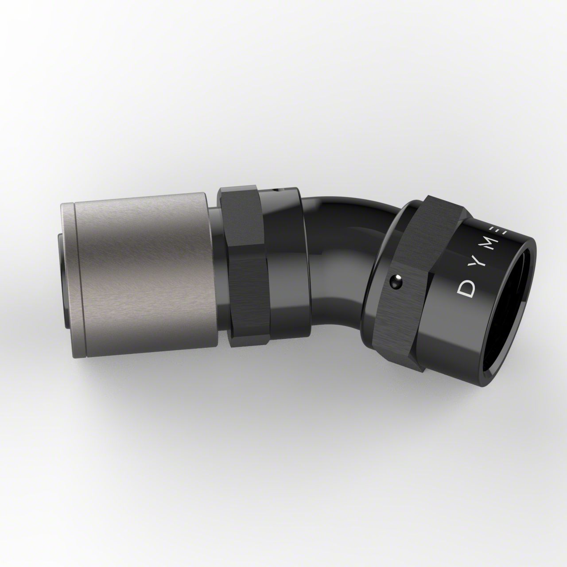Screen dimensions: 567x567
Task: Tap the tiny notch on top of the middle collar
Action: (277, 191)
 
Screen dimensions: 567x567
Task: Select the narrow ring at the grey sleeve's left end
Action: (66, 266)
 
